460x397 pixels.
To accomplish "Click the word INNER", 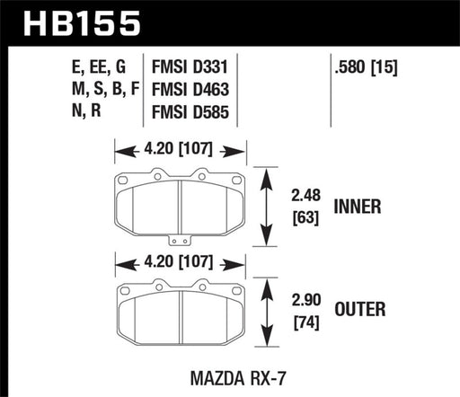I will point(358,206).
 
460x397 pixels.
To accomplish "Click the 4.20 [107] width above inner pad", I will point(180,150).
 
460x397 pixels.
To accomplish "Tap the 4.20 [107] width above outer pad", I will point(180,264).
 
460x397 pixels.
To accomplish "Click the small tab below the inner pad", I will point(180,239).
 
